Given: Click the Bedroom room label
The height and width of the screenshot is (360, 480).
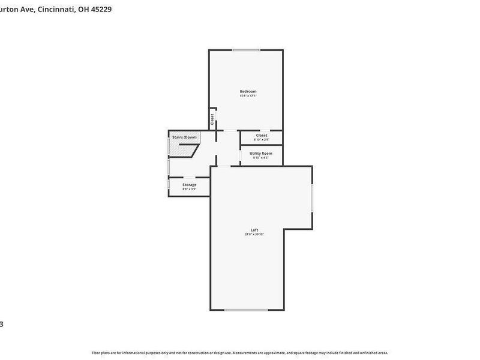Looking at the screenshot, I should coord(248,91).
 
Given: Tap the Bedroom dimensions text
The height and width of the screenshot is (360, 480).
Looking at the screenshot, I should coord(248,96).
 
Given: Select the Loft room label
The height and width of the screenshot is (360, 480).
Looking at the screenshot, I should coord(254,230).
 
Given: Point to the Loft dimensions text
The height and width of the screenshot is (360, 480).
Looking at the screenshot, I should coord(254,235).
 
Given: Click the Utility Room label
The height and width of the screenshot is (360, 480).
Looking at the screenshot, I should coord(261,153).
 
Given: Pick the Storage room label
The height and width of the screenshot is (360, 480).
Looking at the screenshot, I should coord(189,185).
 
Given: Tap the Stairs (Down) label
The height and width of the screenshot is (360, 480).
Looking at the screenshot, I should coord(184,137).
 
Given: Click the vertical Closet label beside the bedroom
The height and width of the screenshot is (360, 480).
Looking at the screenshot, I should coord(212,119).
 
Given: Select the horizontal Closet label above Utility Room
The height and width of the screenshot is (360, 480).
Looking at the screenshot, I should coord(262,135).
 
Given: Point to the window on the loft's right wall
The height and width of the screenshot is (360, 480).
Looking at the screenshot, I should coord(313,197).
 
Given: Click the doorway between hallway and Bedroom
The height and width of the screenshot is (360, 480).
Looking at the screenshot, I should coord(230,130).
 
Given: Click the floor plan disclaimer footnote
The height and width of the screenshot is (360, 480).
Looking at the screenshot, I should coord(240,353).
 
